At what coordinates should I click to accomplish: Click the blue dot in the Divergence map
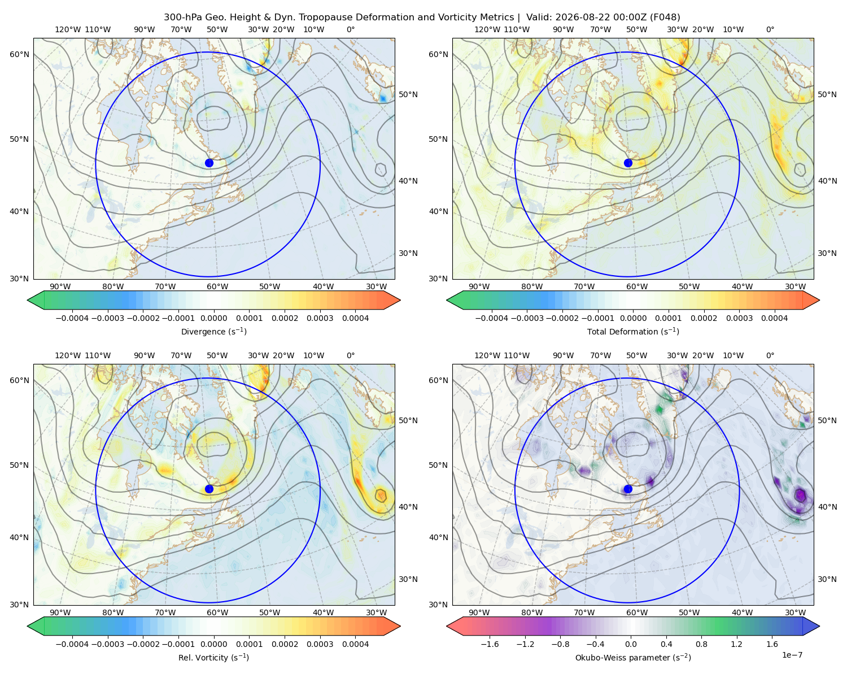209,163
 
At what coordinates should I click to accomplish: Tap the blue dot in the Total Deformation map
628,163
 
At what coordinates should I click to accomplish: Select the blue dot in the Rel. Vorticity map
209,489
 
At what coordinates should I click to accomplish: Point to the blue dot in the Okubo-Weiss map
628,489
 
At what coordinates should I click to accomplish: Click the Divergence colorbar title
213,332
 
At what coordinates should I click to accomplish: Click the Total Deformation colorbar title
633,332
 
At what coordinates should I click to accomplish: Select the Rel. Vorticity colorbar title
213,658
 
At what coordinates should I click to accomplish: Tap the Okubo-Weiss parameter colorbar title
633,658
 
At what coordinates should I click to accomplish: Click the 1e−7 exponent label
792,655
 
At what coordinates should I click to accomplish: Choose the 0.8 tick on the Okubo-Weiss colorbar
701,644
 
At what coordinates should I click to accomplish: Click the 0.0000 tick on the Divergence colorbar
213,318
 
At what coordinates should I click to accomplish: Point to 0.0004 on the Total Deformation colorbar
775,318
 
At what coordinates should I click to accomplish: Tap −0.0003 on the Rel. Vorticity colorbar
107,644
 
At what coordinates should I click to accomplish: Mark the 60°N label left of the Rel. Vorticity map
19,381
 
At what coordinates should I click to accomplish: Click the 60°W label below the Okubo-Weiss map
637,612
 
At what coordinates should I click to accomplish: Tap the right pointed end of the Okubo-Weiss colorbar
819,626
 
